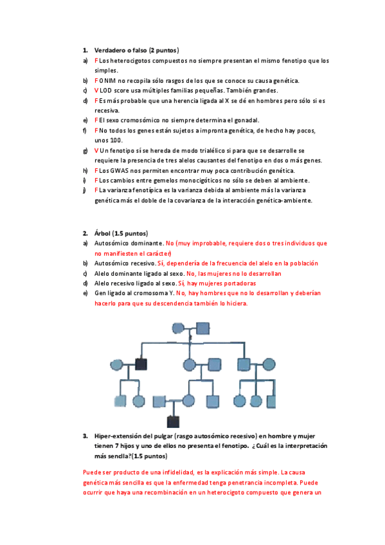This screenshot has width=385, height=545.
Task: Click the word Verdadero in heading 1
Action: [111, 50]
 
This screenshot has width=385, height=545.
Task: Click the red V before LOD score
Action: [96, 91]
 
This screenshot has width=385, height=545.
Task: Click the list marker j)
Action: [85, 190]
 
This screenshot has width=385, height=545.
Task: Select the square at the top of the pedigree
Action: [203, 328]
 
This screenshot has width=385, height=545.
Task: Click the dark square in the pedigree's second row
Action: [141, 364]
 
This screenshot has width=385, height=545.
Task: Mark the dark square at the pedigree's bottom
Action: [172, 422]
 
